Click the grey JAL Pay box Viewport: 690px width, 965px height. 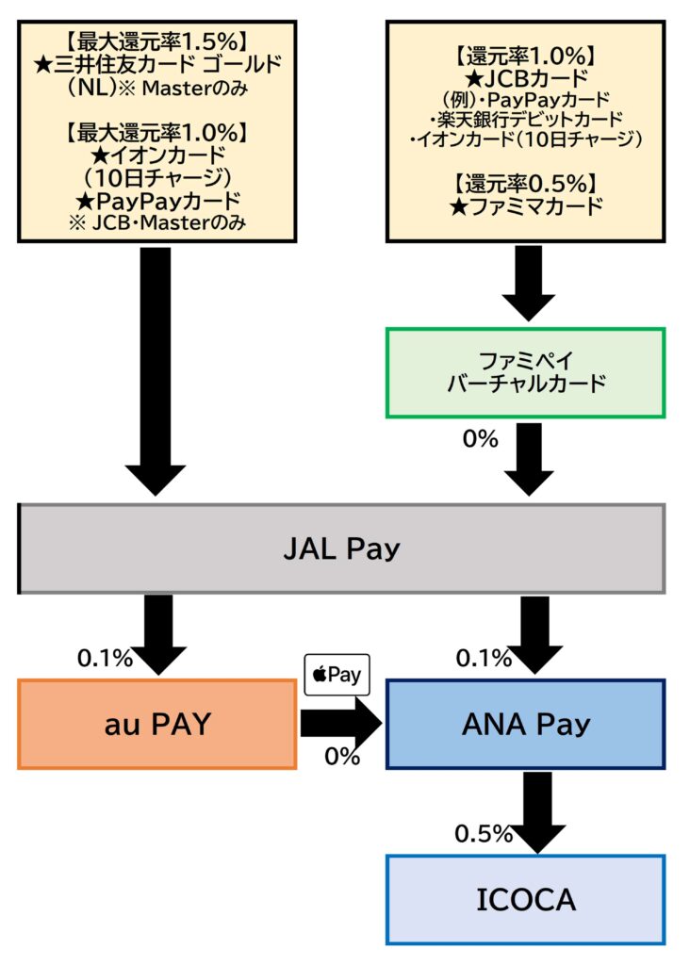(x=341, y=548)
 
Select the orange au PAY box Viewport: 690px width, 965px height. (x=156, y=724)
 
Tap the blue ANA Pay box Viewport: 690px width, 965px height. (x=526, y=724)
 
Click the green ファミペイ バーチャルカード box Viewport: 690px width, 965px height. (x=526, y=372)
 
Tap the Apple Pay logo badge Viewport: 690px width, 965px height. (x=337, y=676)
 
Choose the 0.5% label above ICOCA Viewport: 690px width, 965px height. (x=483, y=834)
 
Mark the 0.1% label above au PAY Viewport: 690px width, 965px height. (x=105, y=659)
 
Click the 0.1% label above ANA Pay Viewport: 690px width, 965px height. (x=484, y=659)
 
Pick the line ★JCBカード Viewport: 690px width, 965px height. (x=526, y=77)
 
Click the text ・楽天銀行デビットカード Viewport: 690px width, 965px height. (x=526, y=119)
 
